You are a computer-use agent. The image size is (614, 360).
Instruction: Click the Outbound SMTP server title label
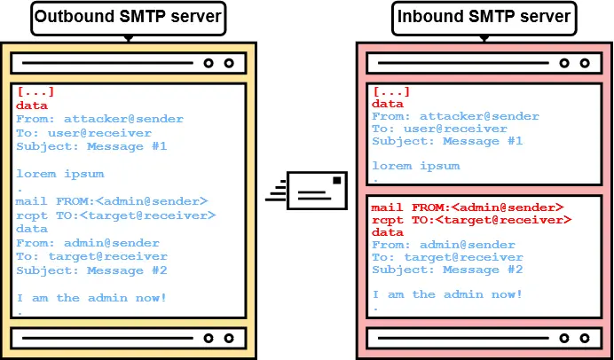129,17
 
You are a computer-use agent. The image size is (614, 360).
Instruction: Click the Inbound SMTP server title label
482,17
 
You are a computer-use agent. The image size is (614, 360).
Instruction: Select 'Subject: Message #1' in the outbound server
91,146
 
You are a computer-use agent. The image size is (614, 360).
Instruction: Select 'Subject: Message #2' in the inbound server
447,270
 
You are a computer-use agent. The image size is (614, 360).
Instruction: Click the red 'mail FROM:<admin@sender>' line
467,207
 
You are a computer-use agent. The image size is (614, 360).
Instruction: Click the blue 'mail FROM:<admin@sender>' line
111,201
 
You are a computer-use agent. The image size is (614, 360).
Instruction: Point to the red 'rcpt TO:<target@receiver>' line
471,220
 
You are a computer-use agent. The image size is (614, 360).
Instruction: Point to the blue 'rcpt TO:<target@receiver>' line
115,215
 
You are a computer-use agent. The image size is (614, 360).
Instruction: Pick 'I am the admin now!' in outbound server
91,298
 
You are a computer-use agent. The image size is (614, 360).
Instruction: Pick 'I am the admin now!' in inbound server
447,294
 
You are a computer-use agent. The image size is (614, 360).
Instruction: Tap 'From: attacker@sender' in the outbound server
99,119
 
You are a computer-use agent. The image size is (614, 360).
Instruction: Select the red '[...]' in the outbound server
35,91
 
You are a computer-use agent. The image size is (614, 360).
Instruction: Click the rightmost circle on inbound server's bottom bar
584,337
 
